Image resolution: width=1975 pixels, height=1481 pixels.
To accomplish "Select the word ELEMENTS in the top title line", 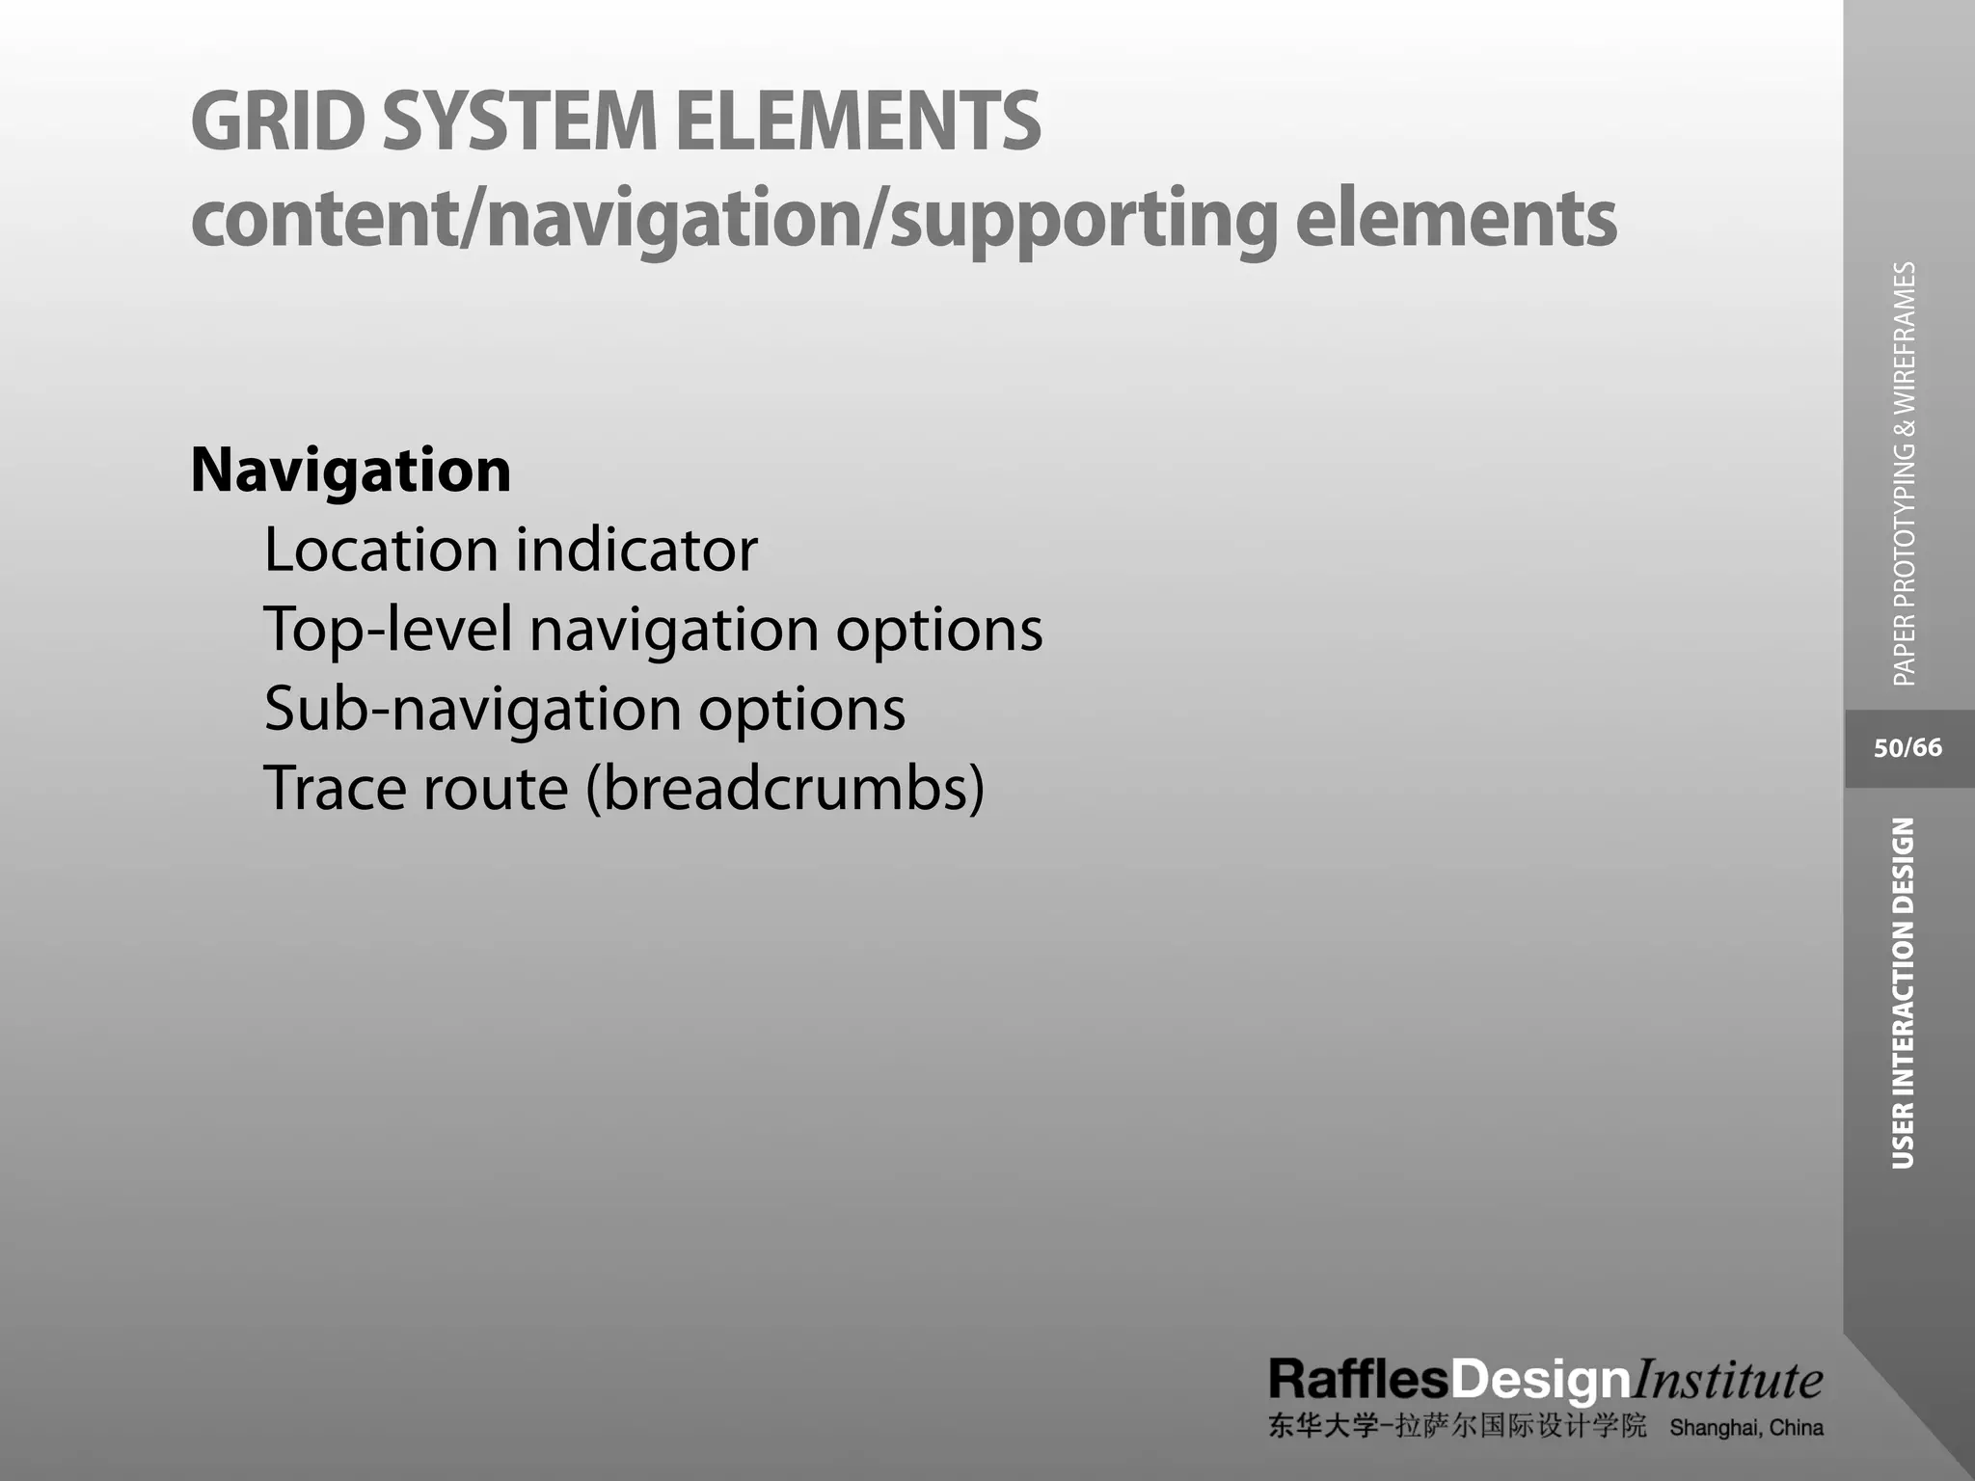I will coord(857,121).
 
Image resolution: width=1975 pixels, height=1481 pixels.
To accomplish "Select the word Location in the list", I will coord(380,550).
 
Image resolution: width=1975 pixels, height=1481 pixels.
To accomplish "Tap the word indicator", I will coord(636,550).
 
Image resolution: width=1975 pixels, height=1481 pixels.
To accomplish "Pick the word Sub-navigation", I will coord(473,710).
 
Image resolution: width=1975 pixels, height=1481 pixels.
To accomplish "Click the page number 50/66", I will coord(1907,748).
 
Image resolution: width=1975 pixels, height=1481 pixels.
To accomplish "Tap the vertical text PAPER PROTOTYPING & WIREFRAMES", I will coord(1905,473).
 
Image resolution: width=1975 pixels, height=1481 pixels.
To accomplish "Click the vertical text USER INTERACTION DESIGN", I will coord(1903,993).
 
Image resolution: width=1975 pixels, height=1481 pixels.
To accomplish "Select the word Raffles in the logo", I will coord(1358,1380).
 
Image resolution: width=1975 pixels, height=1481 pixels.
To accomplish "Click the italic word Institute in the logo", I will coord(1726,1380).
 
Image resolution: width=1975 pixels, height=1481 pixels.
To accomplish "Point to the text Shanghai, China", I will coord(1746,1428).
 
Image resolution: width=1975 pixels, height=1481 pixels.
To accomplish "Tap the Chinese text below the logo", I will coord(1457,1427).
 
